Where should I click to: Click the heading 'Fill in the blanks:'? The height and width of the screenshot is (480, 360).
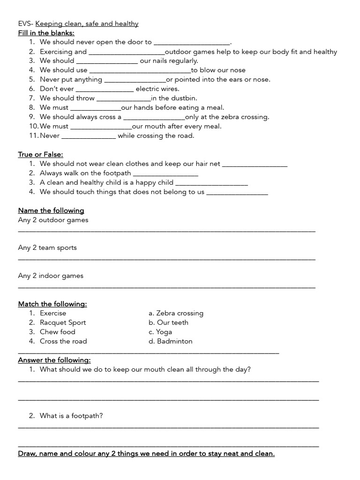(x=46, y=33)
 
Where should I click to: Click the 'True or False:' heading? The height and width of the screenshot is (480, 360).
(x=40, y=154)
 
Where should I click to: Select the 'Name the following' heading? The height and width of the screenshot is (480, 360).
(x=51, y=210)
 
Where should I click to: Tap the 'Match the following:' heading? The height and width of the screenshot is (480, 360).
(x=52, y=304)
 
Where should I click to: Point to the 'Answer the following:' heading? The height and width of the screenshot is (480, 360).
(x=54, y=360)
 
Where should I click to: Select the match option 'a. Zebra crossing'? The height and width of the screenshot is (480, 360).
(x=176, y=313)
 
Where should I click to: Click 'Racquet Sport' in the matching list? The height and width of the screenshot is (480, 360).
(x=63, y=322)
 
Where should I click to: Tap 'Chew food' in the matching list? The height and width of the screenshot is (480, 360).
(x=57, y=332)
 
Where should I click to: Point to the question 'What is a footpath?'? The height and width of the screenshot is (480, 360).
(x=71, y=416)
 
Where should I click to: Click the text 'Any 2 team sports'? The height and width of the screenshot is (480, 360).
(x=47, y=247)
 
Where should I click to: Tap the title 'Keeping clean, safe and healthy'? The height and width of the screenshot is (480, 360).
(x=87, y=23)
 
